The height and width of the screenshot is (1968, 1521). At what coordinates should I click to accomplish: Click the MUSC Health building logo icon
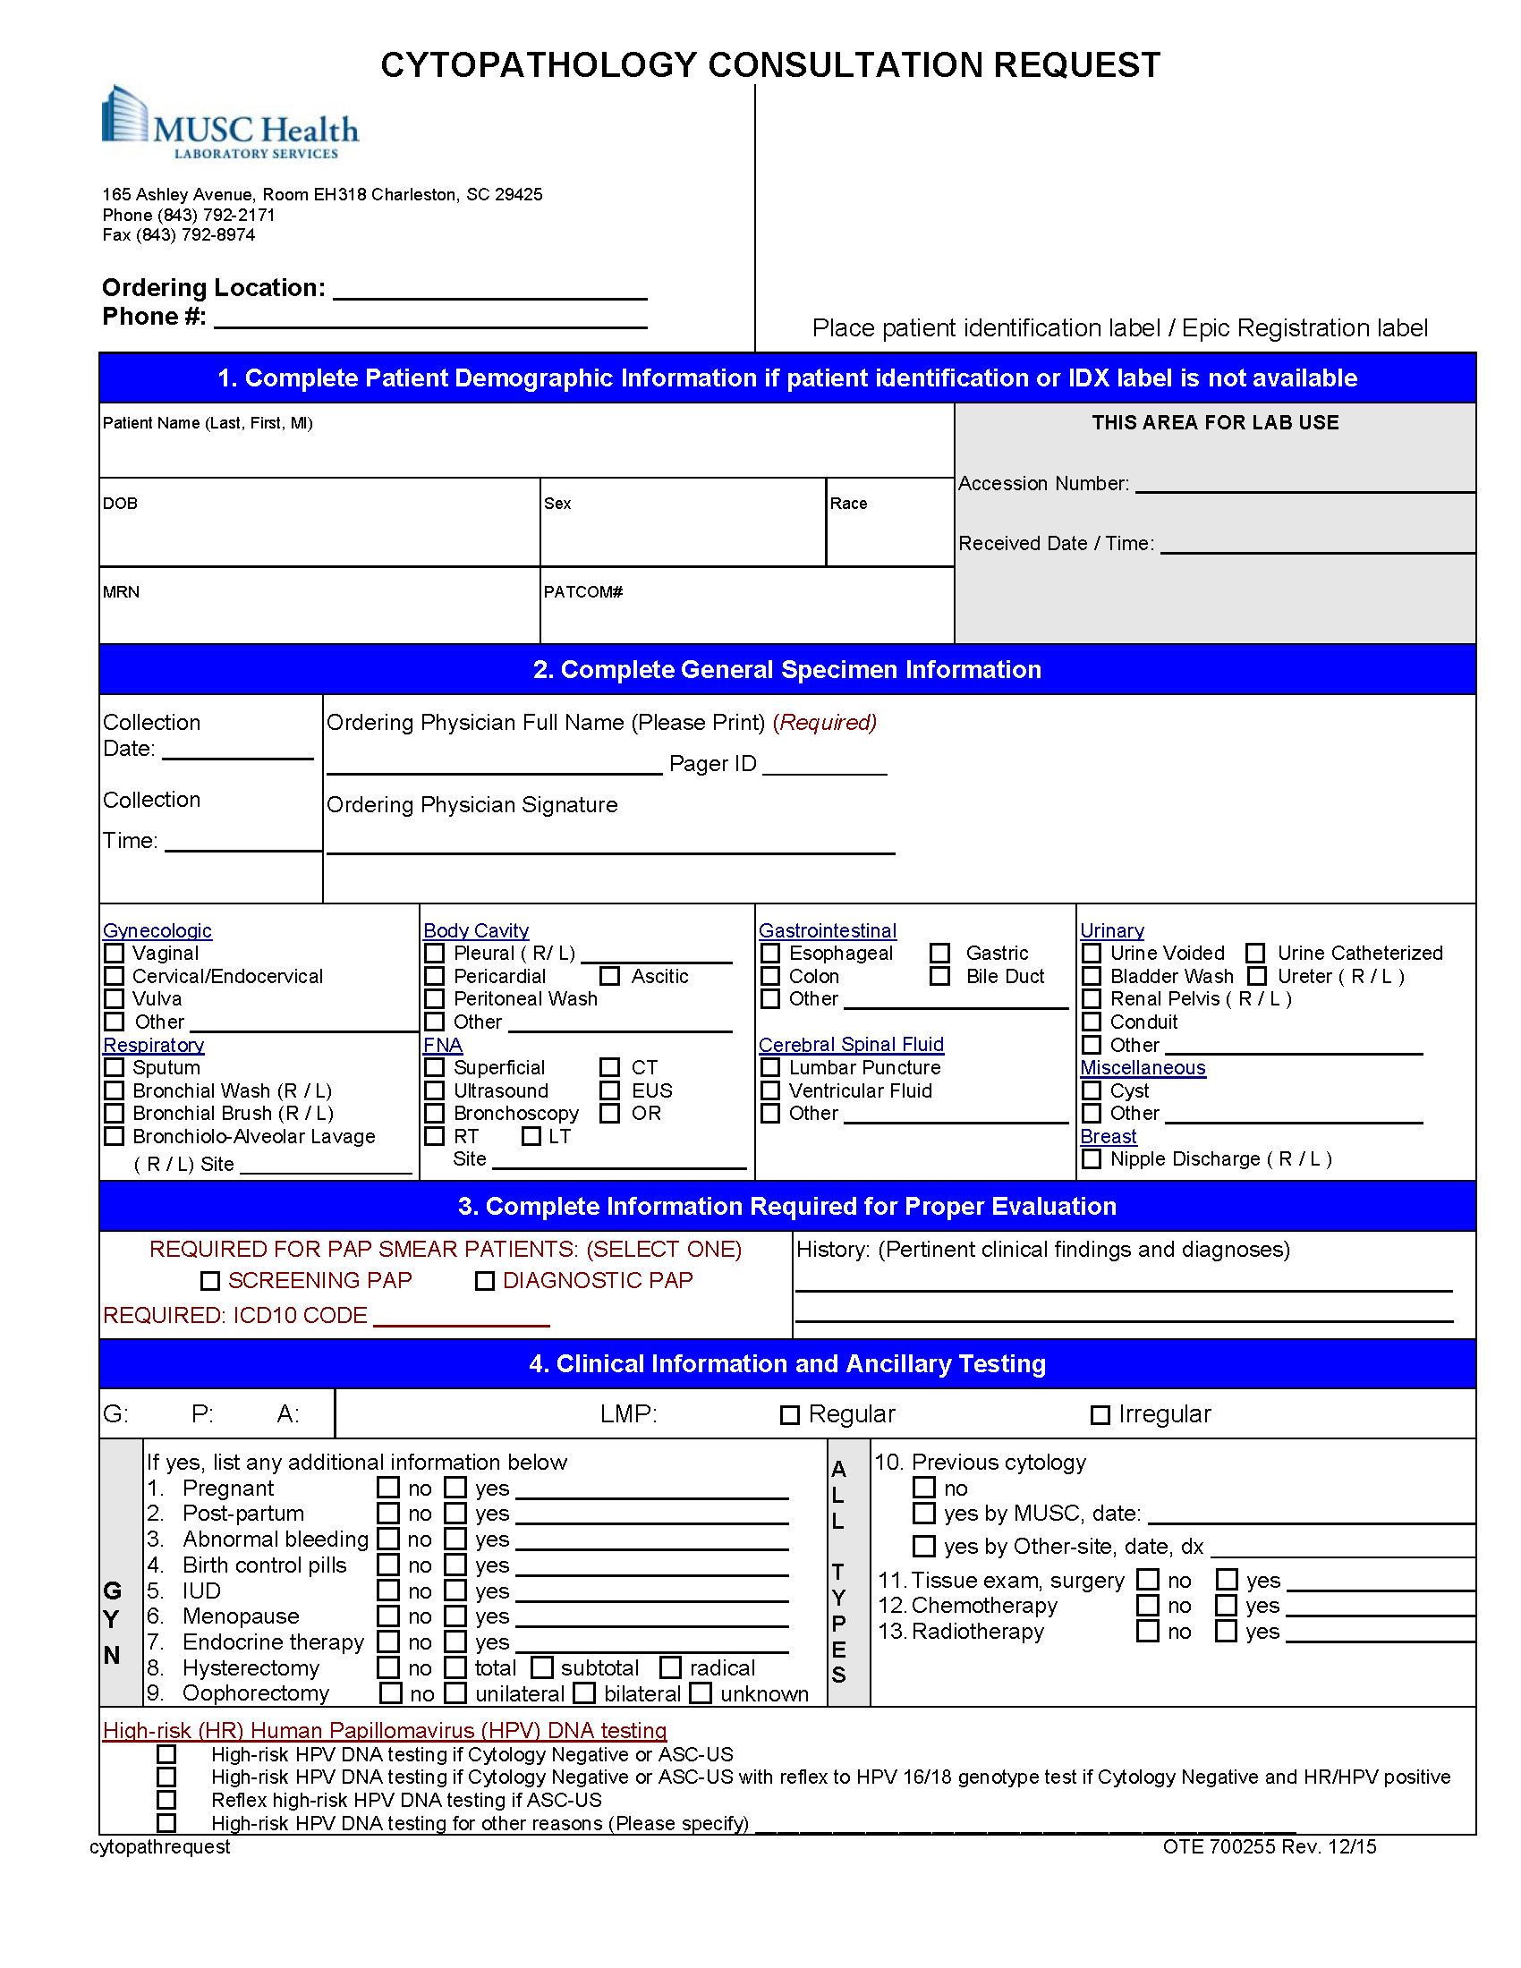124,115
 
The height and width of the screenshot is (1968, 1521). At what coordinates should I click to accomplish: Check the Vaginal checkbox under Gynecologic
115,953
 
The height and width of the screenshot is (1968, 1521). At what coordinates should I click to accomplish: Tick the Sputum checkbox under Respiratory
115,1067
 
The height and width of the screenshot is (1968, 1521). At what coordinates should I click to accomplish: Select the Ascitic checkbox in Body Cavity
610,976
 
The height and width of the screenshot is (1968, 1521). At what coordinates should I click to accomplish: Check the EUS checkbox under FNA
610,1090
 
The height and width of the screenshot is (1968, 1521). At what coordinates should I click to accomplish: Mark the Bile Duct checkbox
939,976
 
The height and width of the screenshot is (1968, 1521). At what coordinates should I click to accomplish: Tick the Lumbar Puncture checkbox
770,1067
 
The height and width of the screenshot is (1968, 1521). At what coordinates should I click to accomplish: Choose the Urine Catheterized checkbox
1255,953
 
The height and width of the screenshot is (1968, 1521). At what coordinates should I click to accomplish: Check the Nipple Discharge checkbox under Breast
1092,1158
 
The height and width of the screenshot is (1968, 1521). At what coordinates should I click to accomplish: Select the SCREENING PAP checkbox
210,1280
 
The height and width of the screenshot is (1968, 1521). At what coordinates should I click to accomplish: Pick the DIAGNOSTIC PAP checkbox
485,1280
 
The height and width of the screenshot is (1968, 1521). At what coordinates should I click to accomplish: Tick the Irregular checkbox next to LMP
1100,1415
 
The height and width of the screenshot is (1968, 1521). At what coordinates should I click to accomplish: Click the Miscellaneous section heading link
1142,1068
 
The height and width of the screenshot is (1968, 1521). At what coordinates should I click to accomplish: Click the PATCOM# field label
582,592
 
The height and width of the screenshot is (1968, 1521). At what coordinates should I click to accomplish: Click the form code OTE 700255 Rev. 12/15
1269,1846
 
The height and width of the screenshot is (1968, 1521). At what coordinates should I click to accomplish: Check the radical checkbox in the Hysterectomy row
670,1668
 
